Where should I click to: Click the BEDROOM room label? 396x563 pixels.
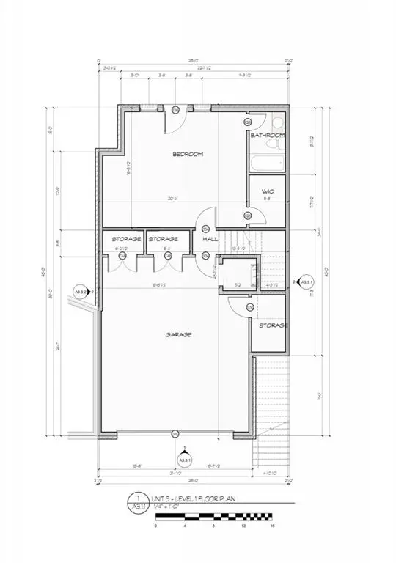tap(188, 154)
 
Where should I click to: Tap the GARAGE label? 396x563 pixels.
tap(178, 334)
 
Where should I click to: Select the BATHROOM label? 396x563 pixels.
tap(267, 136)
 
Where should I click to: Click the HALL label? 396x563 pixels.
tap(210, 239)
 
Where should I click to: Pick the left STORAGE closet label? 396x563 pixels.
tap(126, 239)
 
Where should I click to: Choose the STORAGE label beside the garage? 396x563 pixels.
tap(272, 325)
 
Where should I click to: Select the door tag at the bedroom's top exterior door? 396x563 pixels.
tap(176, 110)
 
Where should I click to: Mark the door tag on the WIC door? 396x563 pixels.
tap(248, 215)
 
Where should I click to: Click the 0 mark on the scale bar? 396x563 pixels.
tap(155, 526)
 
